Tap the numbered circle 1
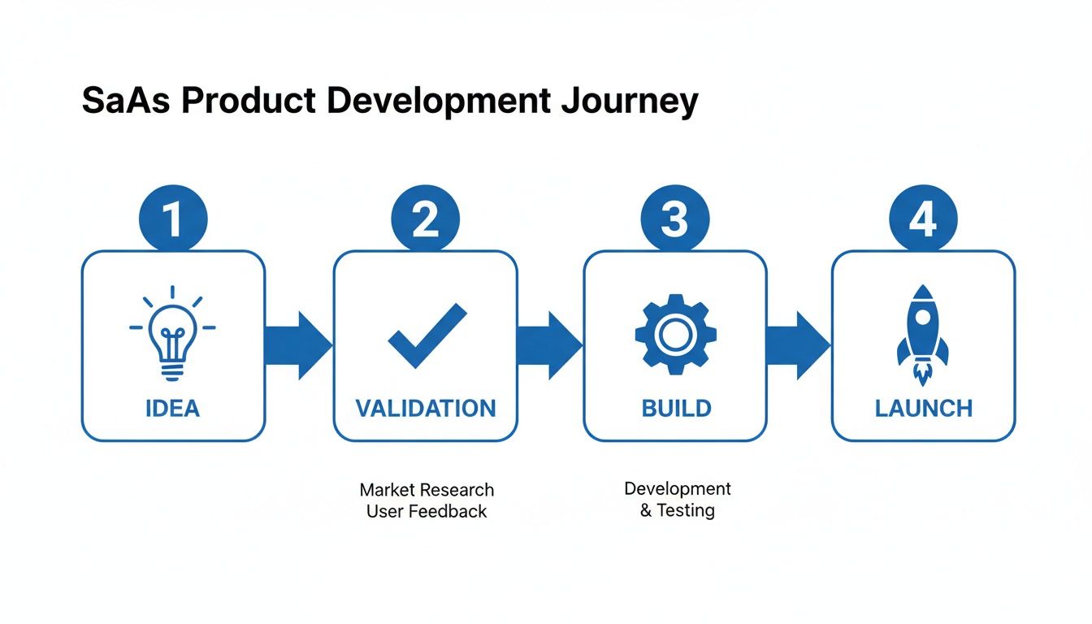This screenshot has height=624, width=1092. (x=173, y=219)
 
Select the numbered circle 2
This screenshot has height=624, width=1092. (x=425, y=219)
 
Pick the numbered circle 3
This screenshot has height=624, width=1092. (x=674, y=219)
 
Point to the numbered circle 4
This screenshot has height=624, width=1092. (x=923, y=219)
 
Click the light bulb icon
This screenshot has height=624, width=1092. (x=173, y=333)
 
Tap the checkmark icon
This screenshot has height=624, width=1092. (x=427, y=336)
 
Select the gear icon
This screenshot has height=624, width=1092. (x=674, y=334)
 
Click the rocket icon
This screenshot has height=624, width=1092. (x=923, y=333)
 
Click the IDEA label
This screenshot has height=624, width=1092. (x=173, y=407)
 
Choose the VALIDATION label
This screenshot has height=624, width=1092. (x=425, y=407)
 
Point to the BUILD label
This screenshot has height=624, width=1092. (x=675, y=407)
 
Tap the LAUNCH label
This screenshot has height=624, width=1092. (x=924, y=407)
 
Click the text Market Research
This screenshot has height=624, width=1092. (x=427, y=490)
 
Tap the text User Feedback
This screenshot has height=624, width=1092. (x=427, y=511)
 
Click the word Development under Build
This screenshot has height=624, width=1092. (x=678, y=488)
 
